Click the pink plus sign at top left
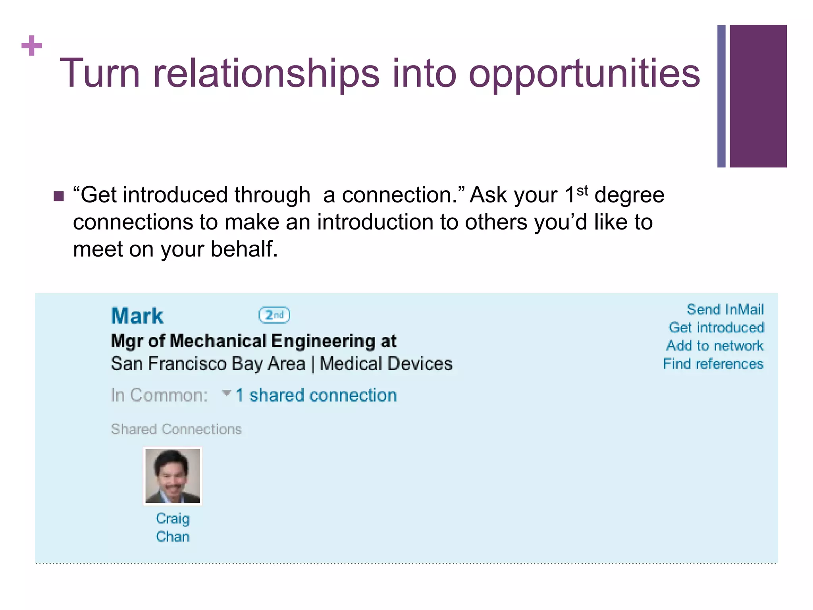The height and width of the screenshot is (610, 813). pyautogui.click(x=32, y=46)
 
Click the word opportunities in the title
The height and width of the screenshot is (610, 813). pyautogui.click(x=584, y=74)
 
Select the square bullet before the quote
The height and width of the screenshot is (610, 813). pyautogui.click(x=59, y=196)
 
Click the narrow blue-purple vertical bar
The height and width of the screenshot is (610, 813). pyautogui.click(x=721, y=96)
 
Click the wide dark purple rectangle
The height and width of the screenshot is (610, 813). pyautogui.click(x=758, y=96)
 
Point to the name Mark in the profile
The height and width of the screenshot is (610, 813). pyautogui.click(x=137, y=316)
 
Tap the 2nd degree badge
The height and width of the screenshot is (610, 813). pyautogui.click(x=274, y=315)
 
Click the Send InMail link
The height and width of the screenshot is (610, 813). pyautogui.click(x=725, y=309)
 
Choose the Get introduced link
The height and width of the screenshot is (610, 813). pyautogui.click(x=716, y=328)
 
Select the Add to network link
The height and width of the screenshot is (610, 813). pyautogui.click(x=715, y=346)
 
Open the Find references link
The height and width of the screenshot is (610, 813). pyautogui.click(x=713, y=364)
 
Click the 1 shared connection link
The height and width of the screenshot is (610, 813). pyautogui.click(x=316, y=396)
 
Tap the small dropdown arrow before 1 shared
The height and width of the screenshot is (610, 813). pyautogui.click(x=227, y=393)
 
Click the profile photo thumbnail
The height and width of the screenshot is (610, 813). pyautogui.click(x=173, y=476)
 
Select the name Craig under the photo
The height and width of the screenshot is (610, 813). pyautogui.click(x=173, y=519)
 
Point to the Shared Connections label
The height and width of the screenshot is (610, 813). pyautogui.click(x=176, y=429)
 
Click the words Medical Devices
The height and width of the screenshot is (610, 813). pyautogui.click(x=385, y=364)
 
